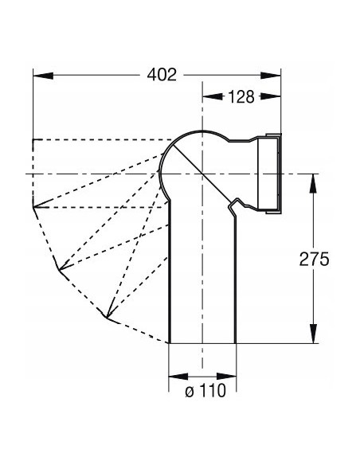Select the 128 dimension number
(239, 97)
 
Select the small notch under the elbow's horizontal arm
(232, 208)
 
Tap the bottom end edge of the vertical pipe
(202, 342)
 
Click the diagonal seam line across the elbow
(202, 171)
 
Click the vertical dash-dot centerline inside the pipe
(202, 279)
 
